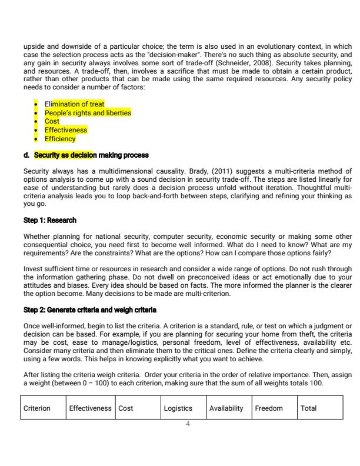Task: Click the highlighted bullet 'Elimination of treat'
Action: [x=75, y=104]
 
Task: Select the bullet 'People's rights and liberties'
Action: [x=88, y=112]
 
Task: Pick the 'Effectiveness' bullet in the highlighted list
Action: [x=66, y=130]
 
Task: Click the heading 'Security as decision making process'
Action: [x=91, y=155]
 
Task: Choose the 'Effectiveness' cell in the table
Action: [x=90, y=408]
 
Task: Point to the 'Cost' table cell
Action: [x=125, y=408]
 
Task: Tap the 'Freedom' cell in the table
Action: [x=268, y=408]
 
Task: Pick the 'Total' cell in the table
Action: [x=308, y=408]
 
